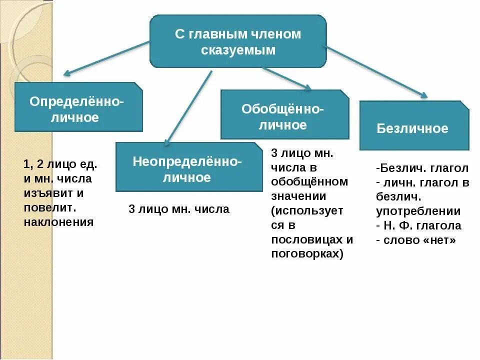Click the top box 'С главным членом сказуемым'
pos(238,41)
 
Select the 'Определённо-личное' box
pos(78,107)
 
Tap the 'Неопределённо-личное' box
pos(188,167)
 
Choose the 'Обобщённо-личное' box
pos(284,114)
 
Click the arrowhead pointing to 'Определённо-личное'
pos(66,74)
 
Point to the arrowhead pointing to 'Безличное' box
pos(424,95)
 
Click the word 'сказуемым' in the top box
pos(238,50)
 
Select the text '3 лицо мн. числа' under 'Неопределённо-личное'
pos(179,209)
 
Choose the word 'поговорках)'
pos(307,253)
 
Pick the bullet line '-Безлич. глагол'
pos(422,167)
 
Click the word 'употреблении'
pos(418,211)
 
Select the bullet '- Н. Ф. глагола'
pos(418,225)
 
